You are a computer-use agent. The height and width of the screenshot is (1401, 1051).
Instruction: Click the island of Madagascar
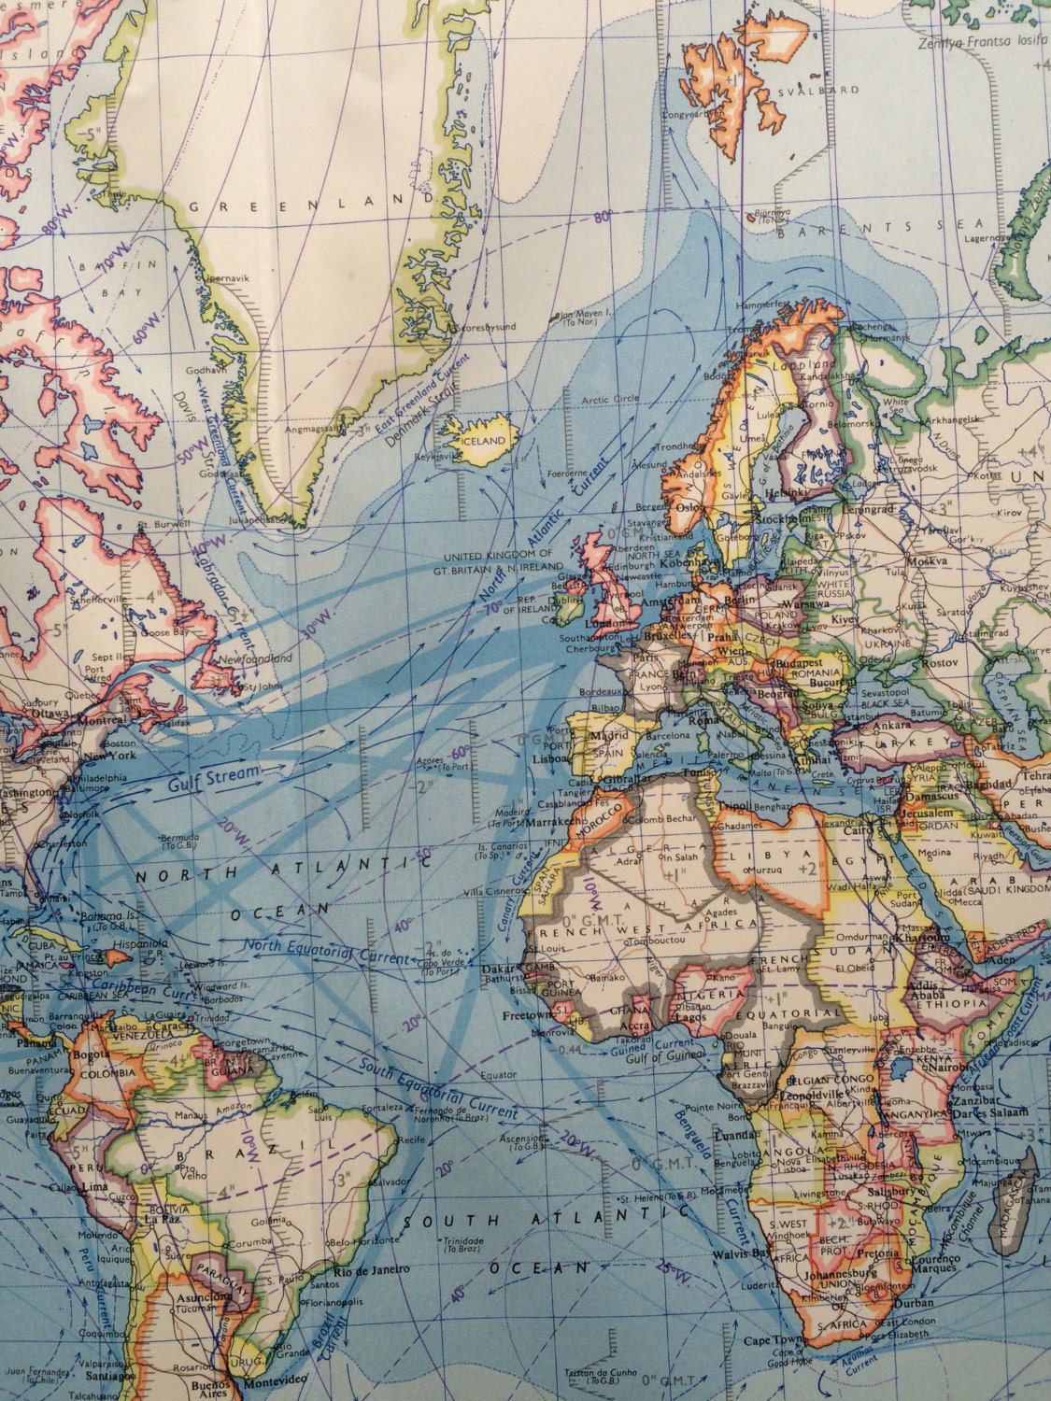tap(1025, 1195)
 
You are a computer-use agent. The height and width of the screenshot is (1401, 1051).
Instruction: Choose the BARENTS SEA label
tap(869, 227)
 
